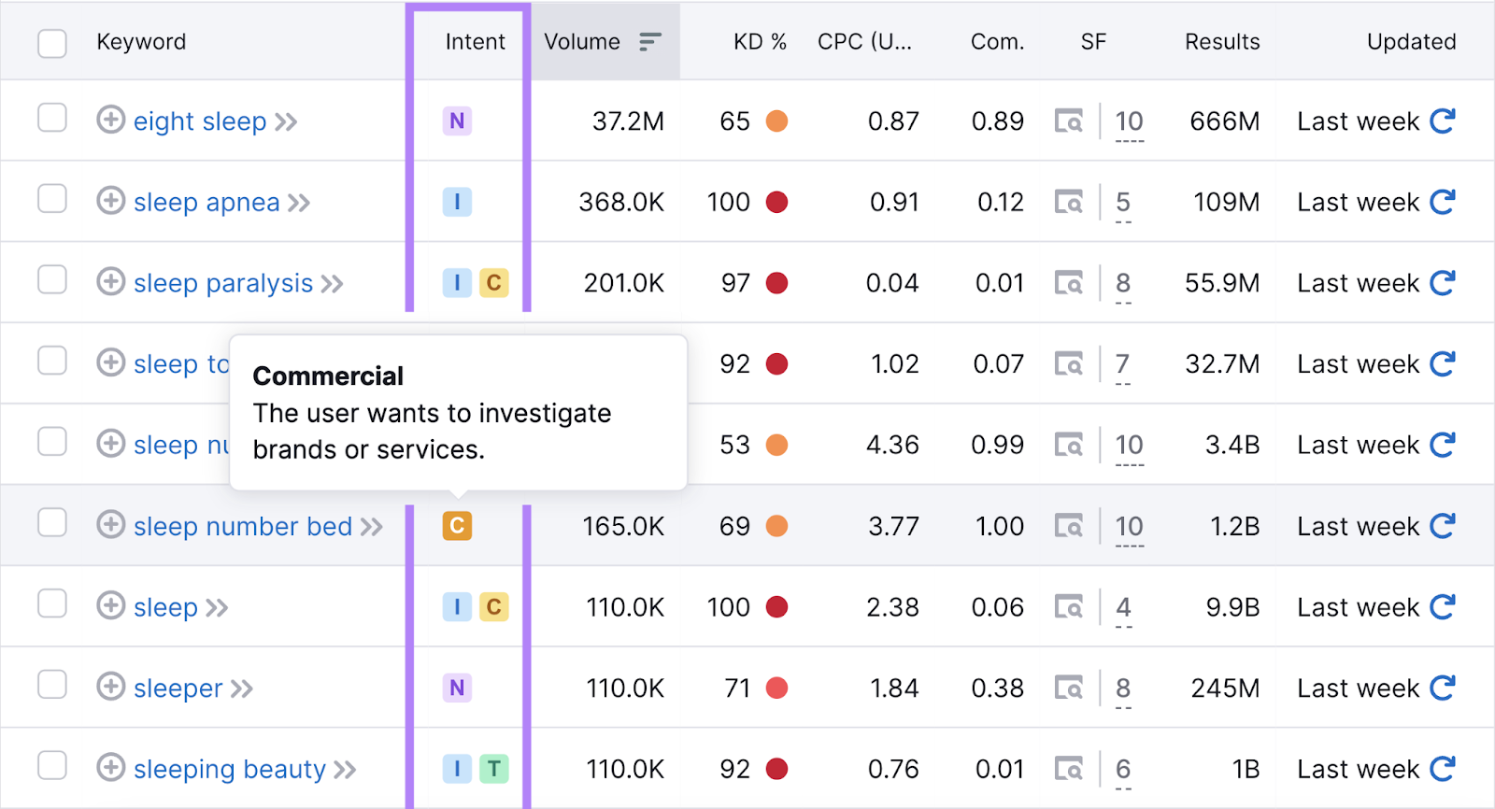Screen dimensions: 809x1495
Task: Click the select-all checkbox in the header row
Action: pos(52,43)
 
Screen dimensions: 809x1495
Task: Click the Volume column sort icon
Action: pos(649,42)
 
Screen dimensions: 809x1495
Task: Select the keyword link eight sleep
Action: pos(200,121)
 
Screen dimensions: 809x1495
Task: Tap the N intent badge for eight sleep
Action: pos(457,121)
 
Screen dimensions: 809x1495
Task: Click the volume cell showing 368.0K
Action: pos(621,203)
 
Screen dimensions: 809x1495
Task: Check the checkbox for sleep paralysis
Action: pos(52,280)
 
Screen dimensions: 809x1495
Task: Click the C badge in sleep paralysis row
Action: pos(494,283)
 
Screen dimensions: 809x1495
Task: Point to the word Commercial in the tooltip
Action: pos(328,376)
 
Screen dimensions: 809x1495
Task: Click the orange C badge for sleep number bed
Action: pos(457,526)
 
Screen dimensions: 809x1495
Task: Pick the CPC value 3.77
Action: pos(893,527)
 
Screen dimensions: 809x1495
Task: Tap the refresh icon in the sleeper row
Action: pos(1443,688)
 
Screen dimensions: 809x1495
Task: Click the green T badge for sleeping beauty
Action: pos(494,769)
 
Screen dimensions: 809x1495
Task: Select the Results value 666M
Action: pos(1224,121)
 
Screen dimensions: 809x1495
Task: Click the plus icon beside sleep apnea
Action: pos(110,202)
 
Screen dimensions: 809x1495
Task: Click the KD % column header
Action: pos(759,42)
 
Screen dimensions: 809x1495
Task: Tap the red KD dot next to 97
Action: pos(776,283)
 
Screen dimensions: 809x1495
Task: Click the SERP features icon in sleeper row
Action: pos(1069,688)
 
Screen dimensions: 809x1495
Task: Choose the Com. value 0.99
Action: pos(997,446)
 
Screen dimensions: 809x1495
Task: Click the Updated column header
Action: pos(1411,42)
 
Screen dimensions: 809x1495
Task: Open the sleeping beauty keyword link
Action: pos(230,770)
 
